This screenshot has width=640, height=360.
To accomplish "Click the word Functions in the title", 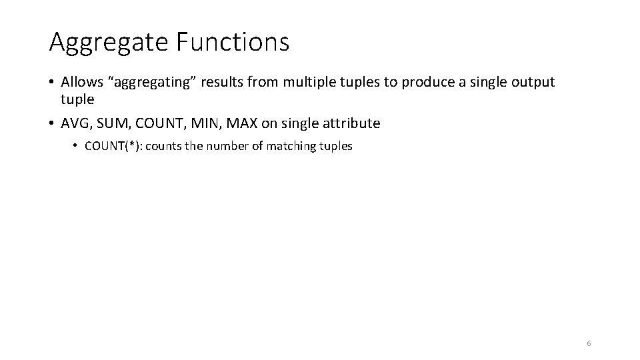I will (233, 41).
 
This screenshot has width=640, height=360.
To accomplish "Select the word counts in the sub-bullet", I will (164, 147).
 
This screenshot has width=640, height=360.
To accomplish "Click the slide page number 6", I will (589, 343).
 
